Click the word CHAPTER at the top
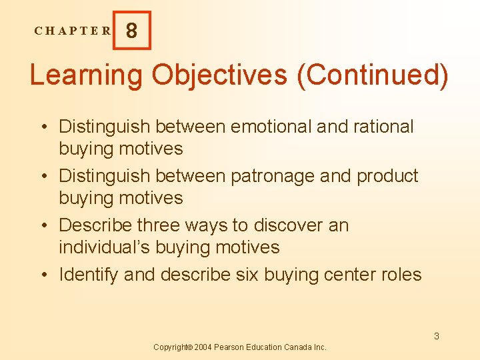73,31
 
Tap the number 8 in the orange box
132,31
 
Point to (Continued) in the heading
373,75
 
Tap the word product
387,176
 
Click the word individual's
105,247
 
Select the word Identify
89,275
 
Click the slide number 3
437,336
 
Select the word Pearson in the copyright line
231,347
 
